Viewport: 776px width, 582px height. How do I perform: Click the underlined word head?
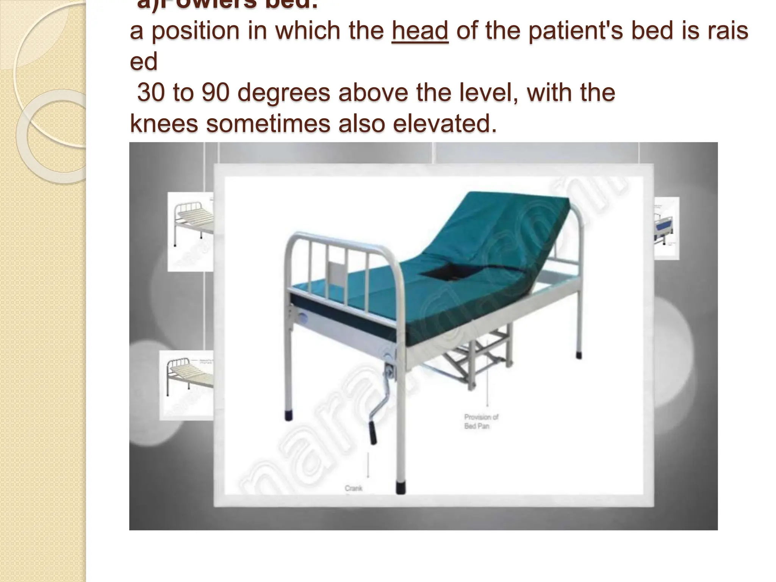[x=420, y=31]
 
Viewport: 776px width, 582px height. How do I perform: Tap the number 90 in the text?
[x=215, y=92]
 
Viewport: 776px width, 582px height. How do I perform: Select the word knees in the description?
[x=164, y=124]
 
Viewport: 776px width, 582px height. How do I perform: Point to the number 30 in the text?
[x=151, y=92]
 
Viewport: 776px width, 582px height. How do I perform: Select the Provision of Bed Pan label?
[x=481, y=421]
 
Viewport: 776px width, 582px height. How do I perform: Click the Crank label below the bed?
[x=353, y=488]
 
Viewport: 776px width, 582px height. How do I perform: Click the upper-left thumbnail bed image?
[x=191, y=231]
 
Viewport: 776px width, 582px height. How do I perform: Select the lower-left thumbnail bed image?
[x=187, y=385]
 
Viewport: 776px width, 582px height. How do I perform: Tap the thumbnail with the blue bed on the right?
[x=666, y=228]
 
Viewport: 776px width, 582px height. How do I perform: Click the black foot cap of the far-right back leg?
[x=579, y=355]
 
